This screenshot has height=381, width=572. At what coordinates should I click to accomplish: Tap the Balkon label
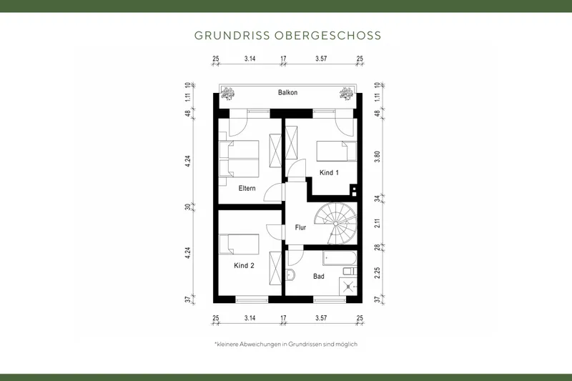point(287,93)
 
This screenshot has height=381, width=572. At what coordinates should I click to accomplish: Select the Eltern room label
point(247,189)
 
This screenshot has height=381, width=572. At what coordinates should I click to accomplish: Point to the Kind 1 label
point(329,172)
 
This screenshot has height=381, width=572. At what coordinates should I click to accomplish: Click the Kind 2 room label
point(244,265)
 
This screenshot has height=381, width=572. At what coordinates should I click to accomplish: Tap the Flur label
point(300,228)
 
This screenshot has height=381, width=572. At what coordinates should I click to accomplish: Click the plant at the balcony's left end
point(229,92)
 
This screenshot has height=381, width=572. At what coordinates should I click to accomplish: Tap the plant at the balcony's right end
point(347,92)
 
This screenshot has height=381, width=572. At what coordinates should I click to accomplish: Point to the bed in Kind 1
point(336,151)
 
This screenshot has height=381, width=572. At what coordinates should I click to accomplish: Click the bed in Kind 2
point(239,244)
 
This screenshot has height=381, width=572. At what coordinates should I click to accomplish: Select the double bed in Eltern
point(238,159)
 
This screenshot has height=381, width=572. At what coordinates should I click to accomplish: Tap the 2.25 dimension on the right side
point(377,272)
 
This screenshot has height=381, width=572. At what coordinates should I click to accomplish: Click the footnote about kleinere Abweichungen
point(285,344)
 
